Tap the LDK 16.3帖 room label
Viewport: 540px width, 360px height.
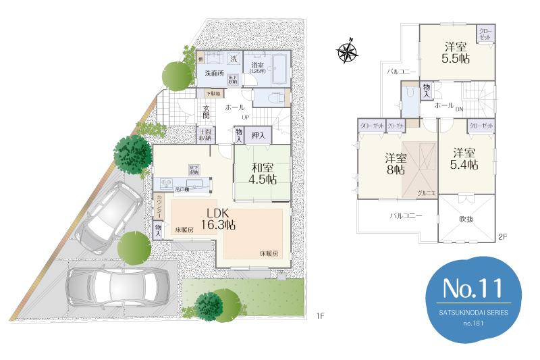coord(217,217)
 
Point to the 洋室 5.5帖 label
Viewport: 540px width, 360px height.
coord(456,53)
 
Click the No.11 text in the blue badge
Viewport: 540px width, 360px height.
coord(473,289)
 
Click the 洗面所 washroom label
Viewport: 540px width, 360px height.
coord(214,73)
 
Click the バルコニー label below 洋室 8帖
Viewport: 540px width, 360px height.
coord(405,216)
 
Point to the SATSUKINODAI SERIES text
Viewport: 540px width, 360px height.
coord(473,313)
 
